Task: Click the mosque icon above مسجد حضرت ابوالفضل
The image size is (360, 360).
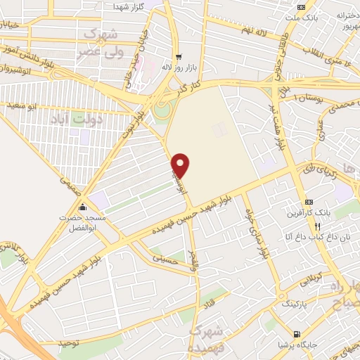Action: click(x=83, y=207)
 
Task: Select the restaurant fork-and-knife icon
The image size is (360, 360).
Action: click(x=317, y=226)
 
